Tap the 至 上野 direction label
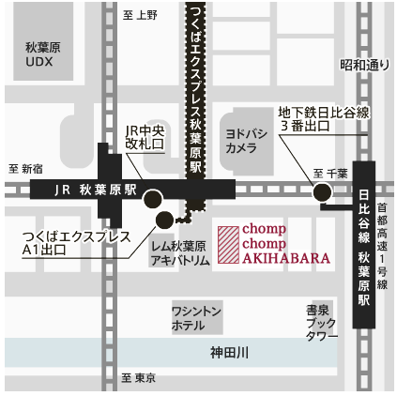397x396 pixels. tap(140, 15)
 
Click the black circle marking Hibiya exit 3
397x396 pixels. tap(322, 192)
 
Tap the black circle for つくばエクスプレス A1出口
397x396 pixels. tap(164, 221)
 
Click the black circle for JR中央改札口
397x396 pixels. tap(152, 199)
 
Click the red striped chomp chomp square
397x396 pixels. tap(228, 243)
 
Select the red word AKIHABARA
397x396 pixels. tap(273, 257)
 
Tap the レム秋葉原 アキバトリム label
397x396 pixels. tap(179, 251)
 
